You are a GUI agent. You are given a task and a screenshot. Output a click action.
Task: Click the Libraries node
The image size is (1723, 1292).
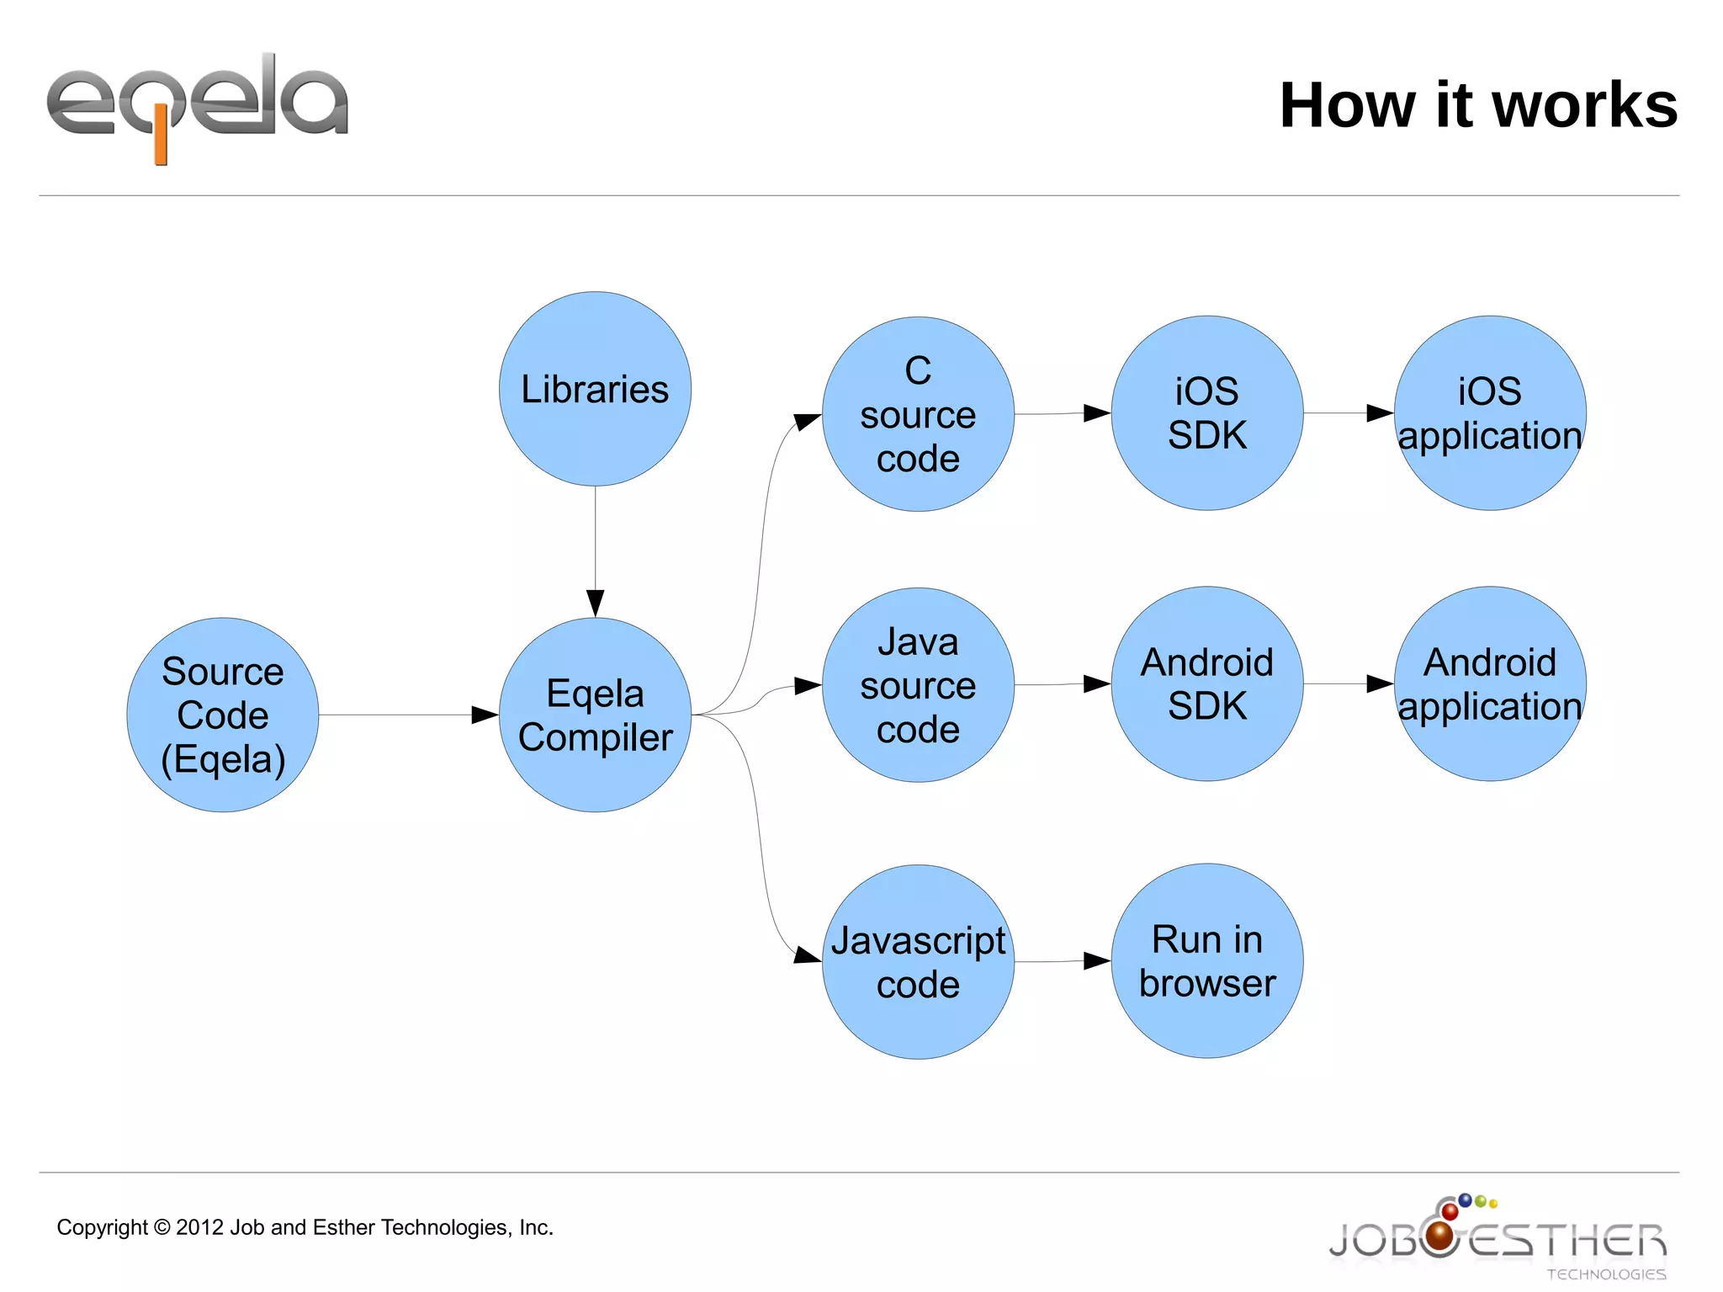(595, 389)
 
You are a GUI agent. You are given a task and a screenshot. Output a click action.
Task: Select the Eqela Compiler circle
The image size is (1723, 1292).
(595, 715)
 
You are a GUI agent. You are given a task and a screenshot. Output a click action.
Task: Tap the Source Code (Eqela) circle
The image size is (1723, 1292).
(223, 715)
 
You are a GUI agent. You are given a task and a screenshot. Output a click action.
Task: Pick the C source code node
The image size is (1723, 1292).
(918, 414)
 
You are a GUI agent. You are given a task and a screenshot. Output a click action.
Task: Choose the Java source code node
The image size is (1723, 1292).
(918, 685)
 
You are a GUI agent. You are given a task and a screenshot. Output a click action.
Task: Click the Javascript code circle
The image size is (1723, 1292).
(918, 962)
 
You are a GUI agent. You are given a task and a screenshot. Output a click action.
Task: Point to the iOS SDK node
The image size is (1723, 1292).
(1207, 413)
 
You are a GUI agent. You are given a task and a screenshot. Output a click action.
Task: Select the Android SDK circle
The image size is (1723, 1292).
(1207, 683)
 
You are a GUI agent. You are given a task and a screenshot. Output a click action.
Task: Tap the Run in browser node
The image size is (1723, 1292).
(1207, 960)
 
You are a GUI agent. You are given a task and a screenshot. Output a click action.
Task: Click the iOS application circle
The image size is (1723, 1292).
(1490, 413)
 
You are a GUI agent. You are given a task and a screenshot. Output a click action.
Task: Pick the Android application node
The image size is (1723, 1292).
(1490, 683)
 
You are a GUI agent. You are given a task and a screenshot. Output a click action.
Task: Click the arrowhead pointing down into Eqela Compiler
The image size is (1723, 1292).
(595, 603)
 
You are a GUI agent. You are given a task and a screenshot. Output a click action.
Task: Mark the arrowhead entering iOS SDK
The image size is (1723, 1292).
(1096, 413)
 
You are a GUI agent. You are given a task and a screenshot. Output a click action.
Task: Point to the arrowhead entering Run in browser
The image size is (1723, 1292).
(1096, 960)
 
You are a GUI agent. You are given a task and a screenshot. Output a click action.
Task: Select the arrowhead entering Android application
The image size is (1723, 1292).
(1380, 683)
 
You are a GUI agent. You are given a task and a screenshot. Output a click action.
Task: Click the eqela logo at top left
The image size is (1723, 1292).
(197, 105)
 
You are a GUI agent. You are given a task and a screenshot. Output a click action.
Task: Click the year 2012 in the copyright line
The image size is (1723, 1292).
(199, 1227)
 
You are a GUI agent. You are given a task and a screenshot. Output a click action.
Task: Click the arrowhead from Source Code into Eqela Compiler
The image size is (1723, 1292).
(485, 715)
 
